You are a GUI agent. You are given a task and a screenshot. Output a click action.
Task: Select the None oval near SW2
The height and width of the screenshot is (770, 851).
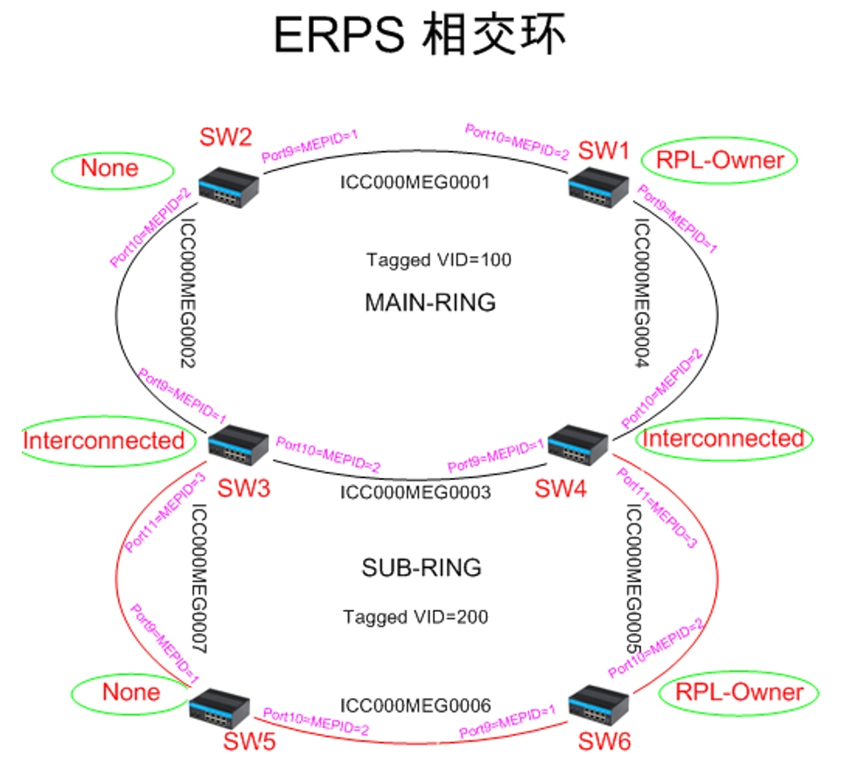109,168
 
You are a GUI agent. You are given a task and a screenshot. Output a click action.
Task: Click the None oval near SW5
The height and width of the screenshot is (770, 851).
131,693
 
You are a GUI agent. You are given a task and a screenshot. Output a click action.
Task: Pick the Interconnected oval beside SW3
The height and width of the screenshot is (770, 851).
103,440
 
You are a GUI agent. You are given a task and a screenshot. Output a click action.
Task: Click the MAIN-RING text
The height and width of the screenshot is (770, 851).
429,303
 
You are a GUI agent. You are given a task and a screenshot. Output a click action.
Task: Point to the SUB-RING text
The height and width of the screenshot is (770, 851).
421,568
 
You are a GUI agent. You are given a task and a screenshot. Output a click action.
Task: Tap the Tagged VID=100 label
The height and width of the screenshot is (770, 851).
438,260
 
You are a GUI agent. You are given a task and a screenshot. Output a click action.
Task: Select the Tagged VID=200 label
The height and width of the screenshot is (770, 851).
415,617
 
